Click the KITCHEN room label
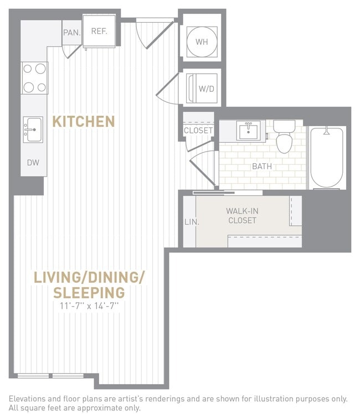point(83,121)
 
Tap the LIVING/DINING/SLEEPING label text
point(89,284)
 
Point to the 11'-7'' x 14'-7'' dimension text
point(89,306)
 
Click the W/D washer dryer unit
point(202,88)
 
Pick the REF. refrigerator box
point(99,32)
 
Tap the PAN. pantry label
point(71,33)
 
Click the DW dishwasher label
point(33,163)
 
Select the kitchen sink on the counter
point(33,130)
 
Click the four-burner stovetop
point(34,78)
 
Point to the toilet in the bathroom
point(285,138)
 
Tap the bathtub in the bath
point(327,158)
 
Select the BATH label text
point(262,166)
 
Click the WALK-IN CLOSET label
point(241,215)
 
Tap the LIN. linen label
point(188,222)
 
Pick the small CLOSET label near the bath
point(198,131)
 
